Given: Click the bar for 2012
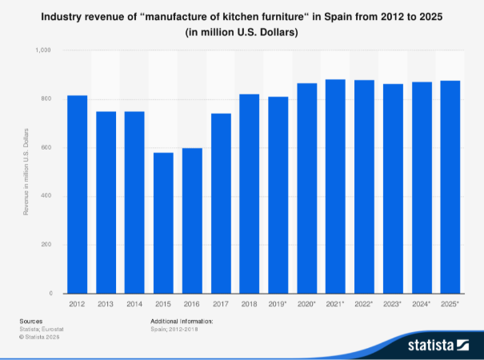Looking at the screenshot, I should tap(77, 194).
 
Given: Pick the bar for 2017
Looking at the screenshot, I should tap(221, 203).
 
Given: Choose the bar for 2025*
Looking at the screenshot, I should tap(450, 187).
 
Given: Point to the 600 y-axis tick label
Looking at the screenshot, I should tap(45, 148).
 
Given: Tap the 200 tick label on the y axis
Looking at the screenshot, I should tap(45, 245).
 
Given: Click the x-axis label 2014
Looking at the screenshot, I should tap(134, 305).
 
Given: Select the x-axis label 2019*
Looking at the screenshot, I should tap(278, 305).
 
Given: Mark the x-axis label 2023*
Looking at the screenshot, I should tap(394, 305).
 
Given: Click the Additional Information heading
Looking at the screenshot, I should tap(182, 321).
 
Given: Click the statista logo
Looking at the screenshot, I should tap(438, 345).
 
